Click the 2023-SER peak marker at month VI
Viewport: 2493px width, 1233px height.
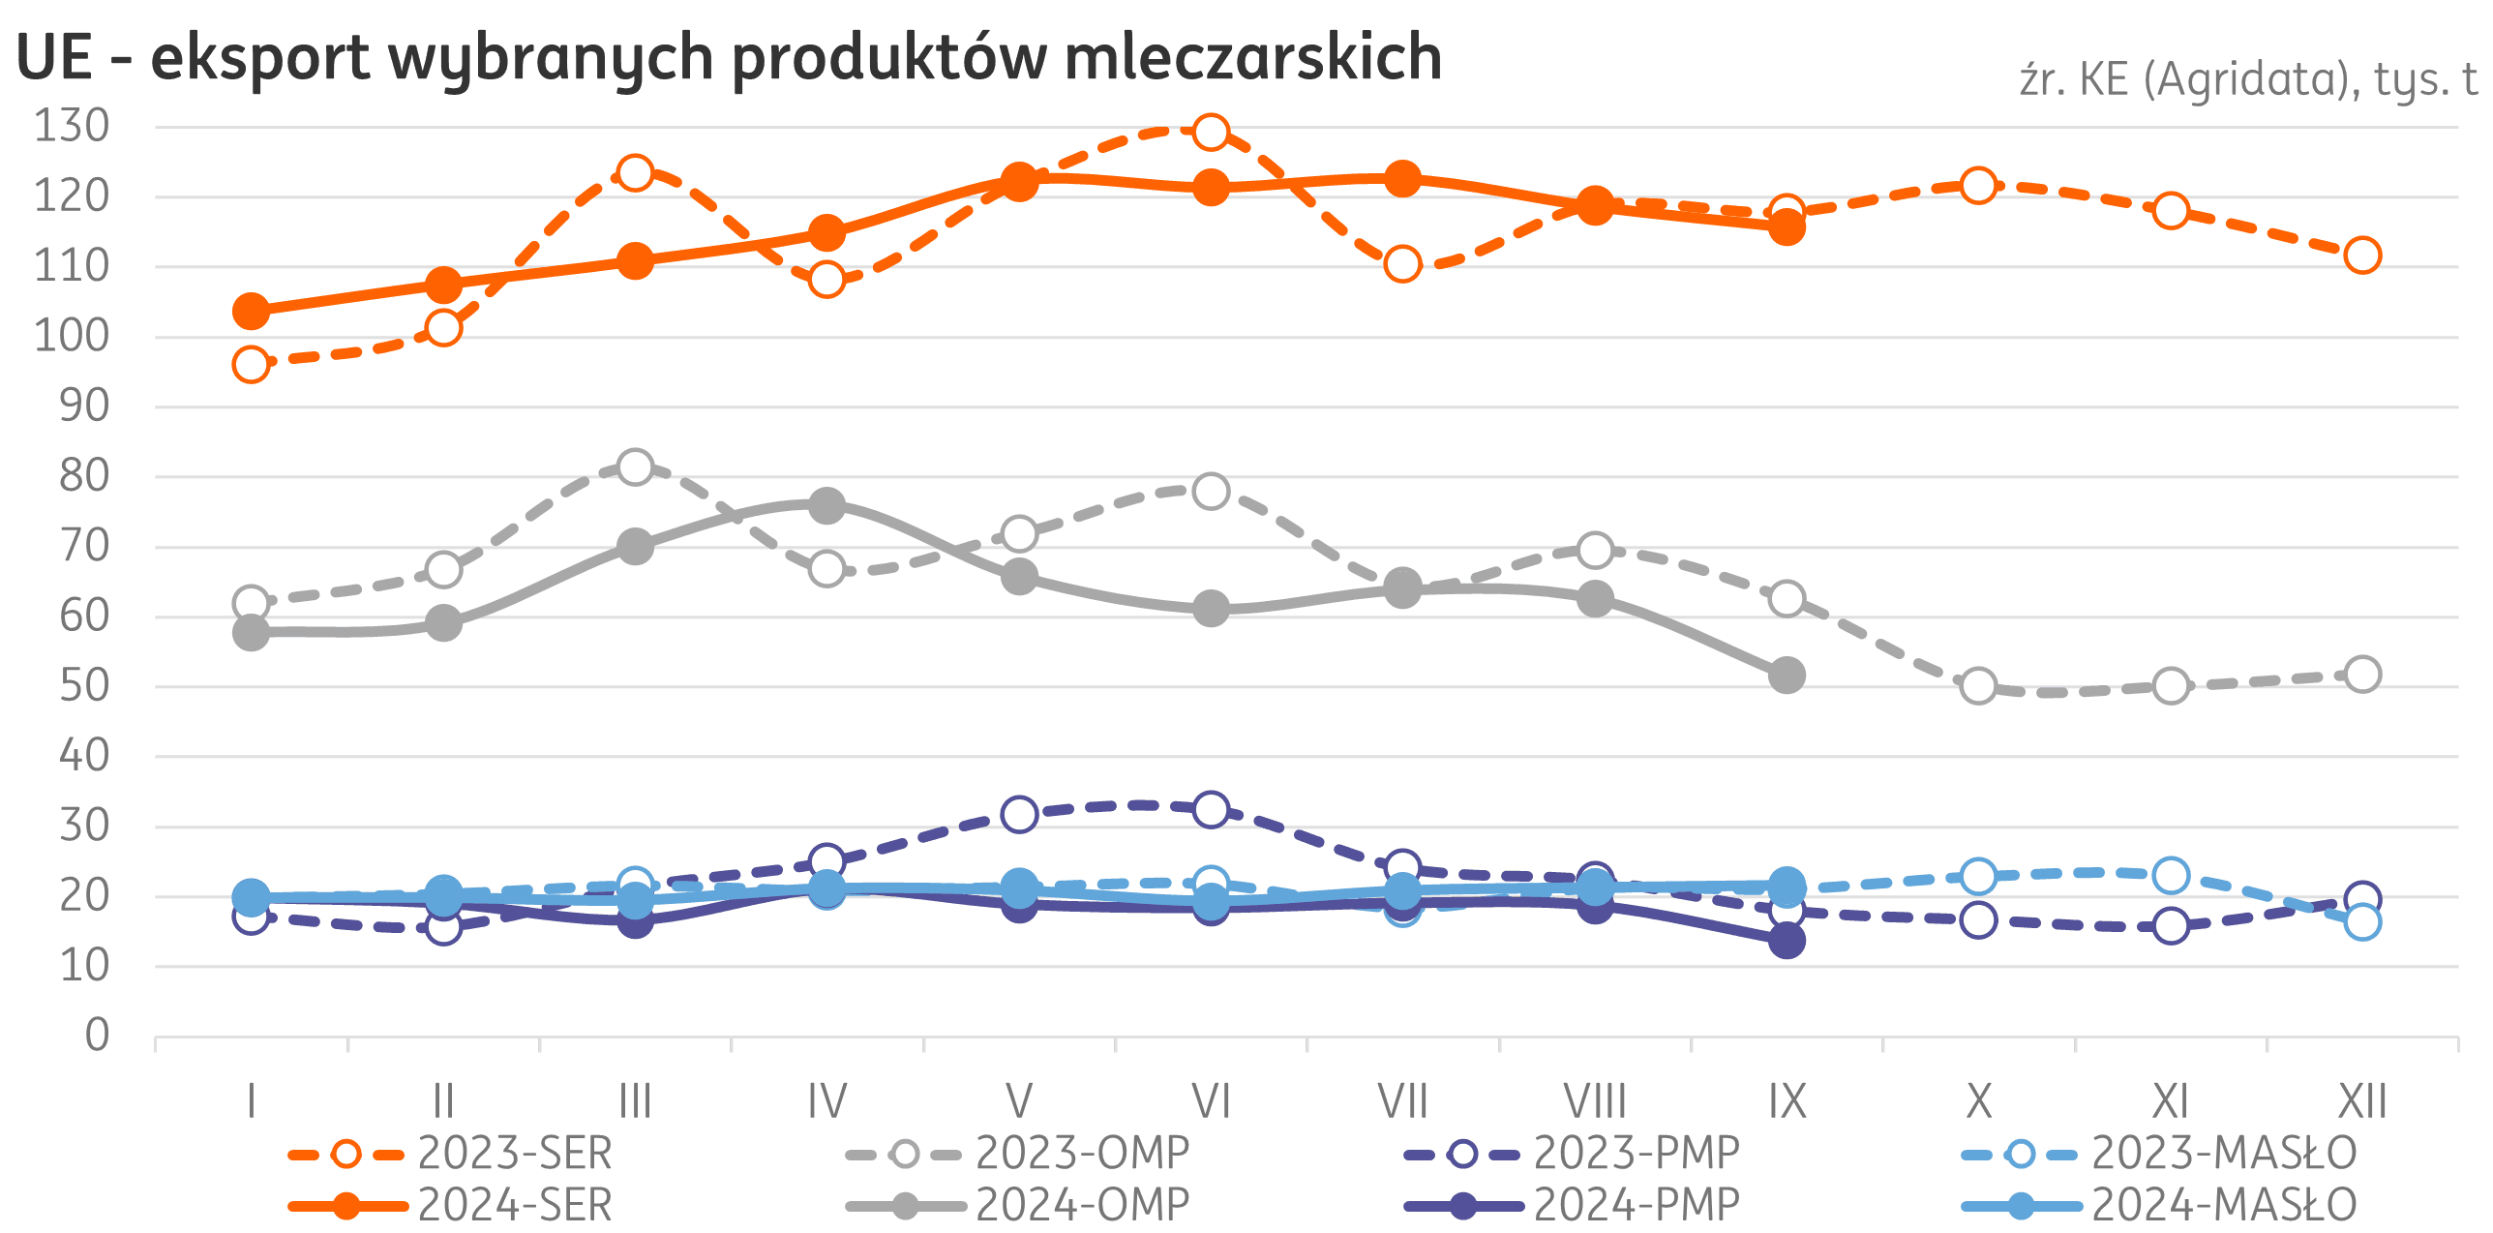1211,132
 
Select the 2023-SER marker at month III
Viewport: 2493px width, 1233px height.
635,173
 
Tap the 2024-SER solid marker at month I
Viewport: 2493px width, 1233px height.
252,312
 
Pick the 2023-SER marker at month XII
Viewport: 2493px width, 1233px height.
2362,256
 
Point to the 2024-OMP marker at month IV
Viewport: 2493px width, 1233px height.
826,505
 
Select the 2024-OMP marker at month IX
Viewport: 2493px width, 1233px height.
1787,675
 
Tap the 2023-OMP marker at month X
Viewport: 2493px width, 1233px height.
1979,686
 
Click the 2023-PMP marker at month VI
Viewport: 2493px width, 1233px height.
1211,809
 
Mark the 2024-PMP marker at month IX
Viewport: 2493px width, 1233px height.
1787,941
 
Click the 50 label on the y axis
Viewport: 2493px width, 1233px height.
84,686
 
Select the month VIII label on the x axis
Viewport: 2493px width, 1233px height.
1595,1101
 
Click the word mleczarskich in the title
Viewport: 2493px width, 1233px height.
1253,58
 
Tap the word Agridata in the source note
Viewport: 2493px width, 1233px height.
2247,80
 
